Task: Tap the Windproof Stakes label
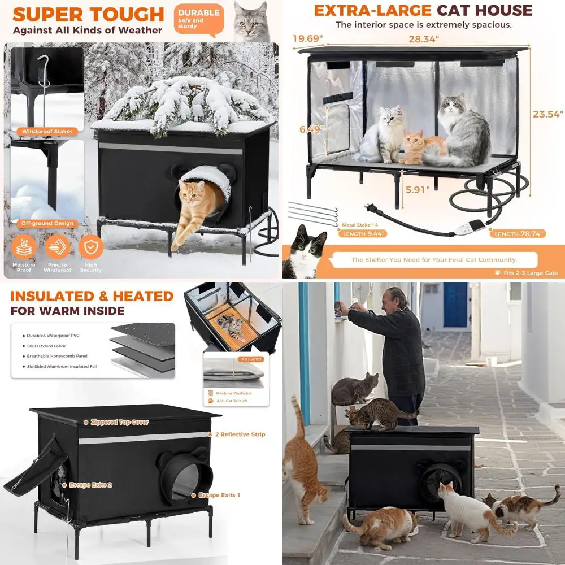point(47,132)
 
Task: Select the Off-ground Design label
point(47,223)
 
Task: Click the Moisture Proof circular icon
point(24,247)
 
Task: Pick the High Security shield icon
point(90,247)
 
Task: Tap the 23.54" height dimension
point(547,114)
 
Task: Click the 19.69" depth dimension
point(307,39)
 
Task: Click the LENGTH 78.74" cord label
point(518,233)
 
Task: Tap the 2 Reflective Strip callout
point(240,434)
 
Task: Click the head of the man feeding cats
point(396,297)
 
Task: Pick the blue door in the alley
point(455,305)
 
